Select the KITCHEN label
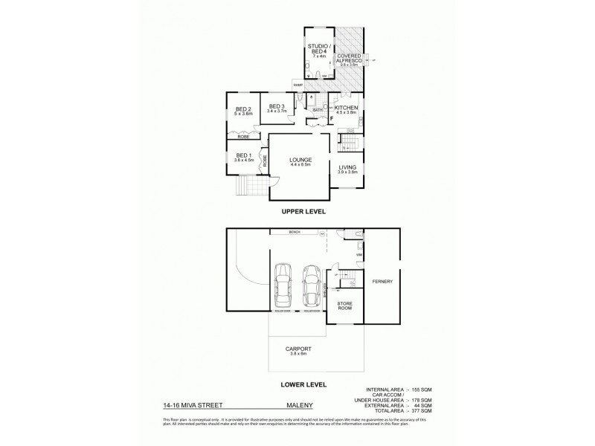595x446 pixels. point(346,109)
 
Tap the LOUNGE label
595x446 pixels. point(300,160)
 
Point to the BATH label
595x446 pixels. point(317,110)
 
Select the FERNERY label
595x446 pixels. point(383,281)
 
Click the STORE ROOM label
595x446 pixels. point(344,305)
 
